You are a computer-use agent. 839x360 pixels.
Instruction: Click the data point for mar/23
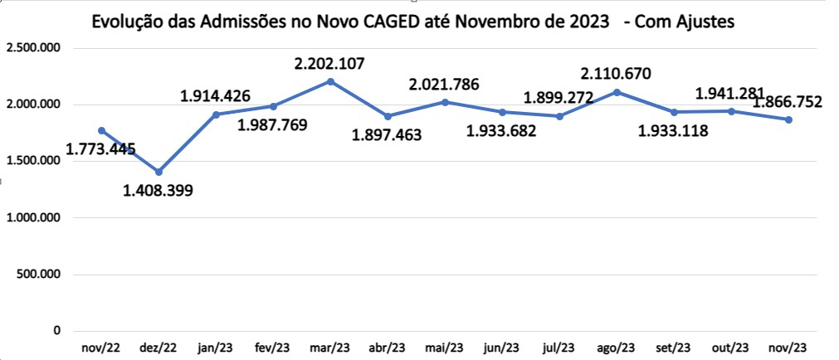coord(330,81)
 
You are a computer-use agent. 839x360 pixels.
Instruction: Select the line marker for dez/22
coord(159,172)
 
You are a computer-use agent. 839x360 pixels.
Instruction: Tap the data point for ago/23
coord(617,92)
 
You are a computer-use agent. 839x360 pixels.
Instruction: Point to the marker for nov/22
coord(101,130)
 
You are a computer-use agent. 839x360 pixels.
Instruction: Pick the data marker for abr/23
coord(388,116)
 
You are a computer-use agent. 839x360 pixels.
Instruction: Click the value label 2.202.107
coord(329,63)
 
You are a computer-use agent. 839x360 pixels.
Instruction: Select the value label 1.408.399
coord(158,192)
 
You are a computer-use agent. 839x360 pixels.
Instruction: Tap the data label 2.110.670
coord(616,73)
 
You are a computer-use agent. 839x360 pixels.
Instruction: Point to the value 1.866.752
coord(788,103)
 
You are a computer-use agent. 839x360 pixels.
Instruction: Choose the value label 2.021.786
coord(444,84)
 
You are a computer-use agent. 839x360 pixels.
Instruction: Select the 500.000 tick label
coord(39,274)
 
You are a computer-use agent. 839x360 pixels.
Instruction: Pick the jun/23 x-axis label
coord(501,348)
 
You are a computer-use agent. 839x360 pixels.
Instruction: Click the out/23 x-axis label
coord(730,348)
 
